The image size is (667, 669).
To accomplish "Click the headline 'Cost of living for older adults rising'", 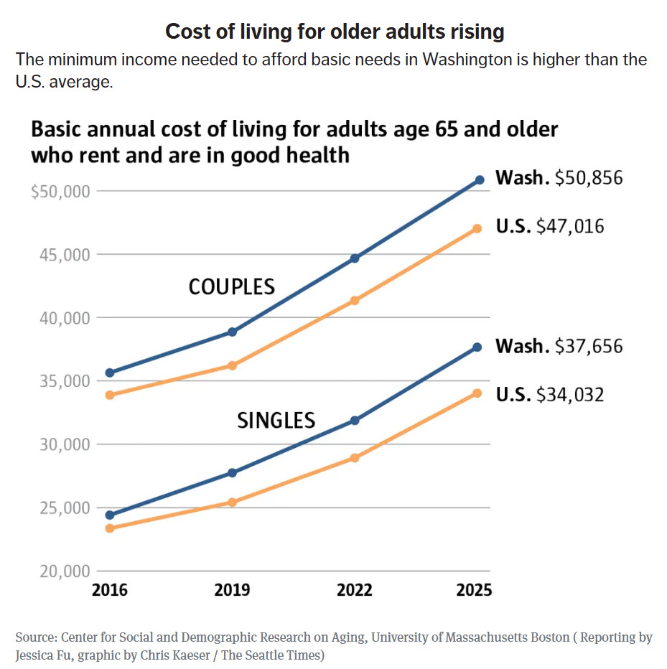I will [335, 32].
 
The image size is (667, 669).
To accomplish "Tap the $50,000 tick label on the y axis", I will [61, 192].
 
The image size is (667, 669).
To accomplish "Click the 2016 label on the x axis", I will [109, 590].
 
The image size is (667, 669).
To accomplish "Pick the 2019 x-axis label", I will [232, 590].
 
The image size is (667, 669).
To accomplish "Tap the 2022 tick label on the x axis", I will [355, 590].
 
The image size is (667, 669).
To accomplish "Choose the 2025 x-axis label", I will [475, 590].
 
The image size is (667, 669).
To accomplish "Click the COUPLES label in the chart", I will [231, 287].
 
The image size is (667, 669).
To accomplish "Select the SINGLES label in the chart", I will [276, 420].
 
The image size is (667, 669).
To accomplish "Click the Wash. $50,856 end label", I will [559, 178].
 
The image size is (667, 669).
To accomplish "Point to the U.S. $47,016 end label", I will [550, 227].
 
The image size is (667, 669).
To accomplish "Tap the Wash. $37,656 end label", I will [559, 347].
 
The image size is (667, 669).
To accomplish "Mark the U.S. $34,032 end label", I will [550, 394].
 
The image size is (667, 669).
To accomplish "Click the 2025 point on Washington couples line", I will [479, 180].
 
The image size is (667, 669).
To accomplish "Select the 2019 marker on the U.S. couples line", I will [232, 365].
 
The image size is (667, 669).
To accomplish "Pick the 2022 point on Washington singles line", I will [355, 420].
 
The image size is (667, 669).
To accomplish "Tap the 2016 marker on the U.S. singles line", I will [109, 528].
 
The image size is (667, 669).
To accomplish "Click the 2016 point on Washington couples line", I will [109, 373].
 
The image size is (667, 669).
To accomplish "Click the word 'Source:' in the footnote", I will [36, 637].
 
